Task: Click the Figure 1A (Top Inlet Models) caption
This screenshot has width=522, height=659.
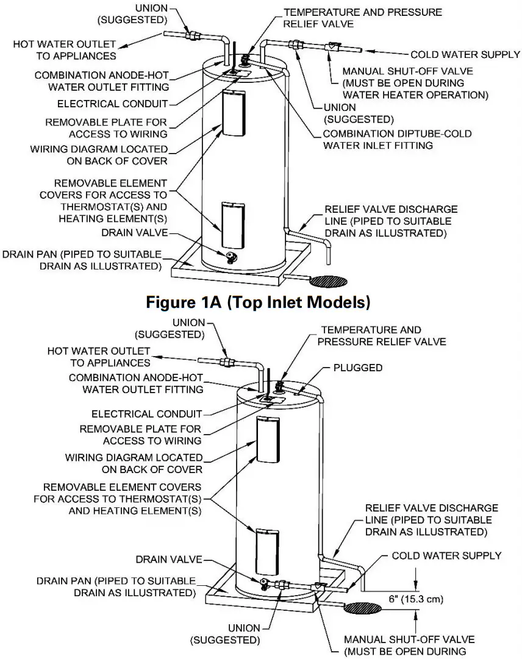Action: (x=259, y=302)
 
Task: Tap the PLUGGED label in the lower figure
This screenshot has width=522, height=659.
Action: (x=358, y=368)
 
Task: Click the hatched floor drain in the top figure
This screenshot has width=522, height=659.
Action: (x=329, y=282)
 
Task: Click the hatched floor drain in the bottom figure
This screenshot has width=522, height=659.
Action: (x=363, y=608)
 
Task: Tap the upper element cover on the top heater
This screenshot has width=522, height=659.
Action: (x=234, y=113)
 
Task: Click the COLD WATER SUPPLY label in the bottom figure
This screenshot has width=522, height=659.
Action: (x=446, y=555)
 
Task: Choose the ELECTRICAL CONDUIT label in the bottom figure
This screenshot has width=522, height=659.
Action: (x=146, y=414)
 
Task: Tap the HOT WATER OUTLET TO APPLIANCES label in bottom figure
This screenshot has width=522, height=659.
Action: (x=99, y=357)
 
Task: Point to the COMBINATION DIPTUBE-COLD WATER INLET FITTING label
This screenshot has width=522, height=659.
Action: (x=397, y=139)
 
